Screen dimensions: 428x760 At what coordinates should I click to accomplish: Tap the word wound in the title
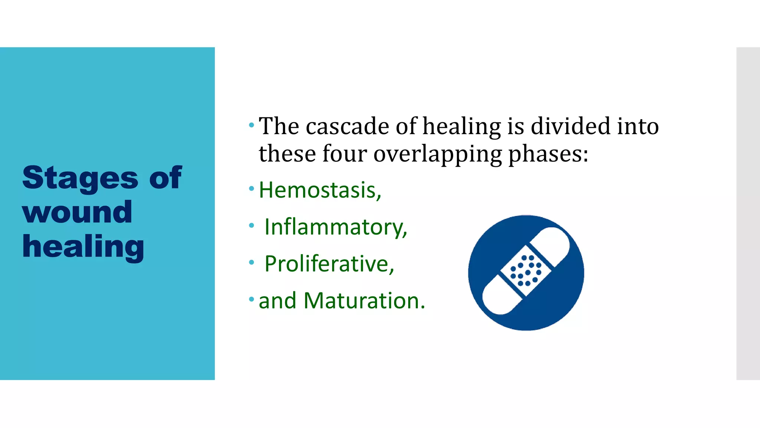77,212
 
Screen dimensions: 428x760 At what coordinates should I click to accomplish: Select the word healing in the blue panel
83,247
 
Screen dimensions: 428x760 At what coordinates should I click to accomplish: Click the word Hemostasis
319,190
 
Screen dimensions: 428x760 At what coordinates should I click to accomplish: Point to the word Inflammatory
335,227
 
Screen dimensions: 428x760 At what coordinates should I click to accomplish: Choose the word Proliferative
329,264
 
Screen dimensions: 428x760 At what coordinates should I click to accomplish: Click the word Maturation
364,301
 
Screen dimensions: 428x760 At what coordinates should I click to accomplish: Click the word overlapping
438,154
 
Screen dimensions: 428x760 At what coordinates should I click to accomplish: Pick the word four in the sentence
345,154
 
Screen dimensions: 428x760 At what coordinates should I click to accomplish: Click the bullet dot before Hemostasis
252,189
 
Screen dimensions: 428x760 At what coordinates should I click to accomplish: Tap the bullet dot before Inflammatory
252,226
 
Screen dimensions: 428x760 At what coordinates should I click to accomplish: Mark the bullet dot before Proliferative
252,263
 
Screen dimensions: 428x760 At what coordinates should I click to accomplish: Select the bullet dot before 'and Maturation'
252,299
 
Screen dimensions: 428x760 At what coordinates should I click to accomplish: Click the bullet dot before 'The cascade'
252,125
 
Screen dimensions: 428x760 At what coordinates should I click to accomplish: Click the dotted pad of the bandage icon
526,271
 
